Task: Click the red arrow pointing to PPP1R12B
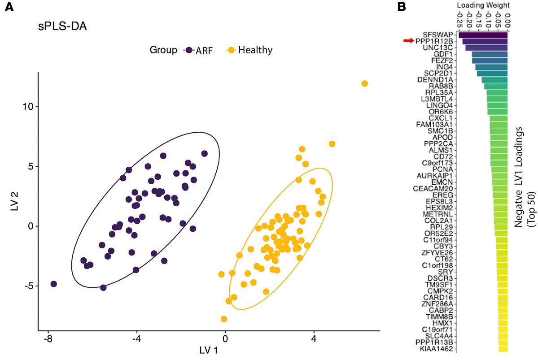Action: pyautogui.click(x=407, y=41)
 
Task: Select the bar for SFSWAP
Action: pyautogui.click(x=483, y=35)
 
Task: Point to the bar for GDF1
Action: pyautogui.click(x=490, y=54)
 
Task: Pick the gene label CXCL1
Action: pyautogui.click(x=441, y=118)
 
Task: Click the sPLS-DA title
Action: pyautogui.click(x=62, y=26)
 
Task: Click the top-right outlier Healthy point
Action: pyautogui.click(x=364, y=83)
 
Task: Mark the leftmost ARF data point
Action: pyautogui.click(x=54, y=284)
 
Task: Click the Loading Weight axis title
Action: pyautogui.click(x=482, y=5)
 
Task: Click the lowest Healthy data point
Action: pyautogui.click(x=224, y=319)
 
